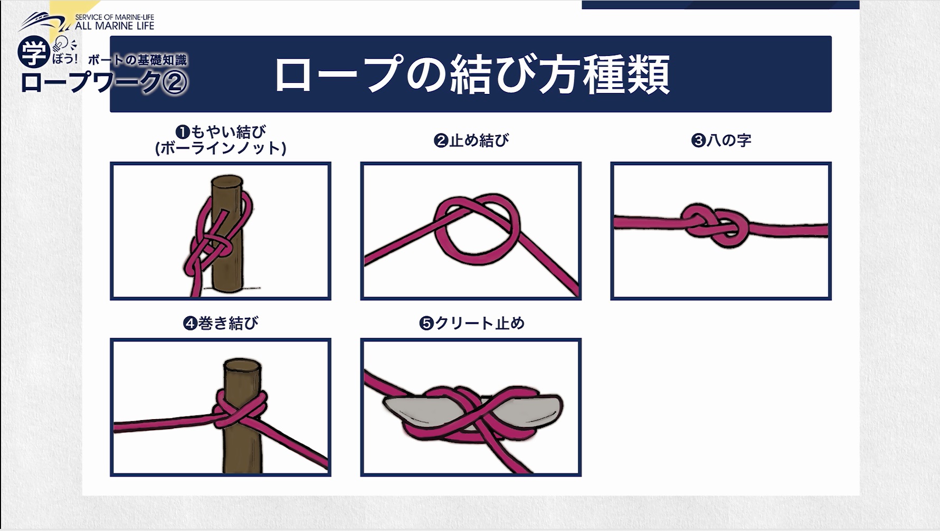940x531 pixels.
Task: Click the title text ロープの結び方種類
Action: (x=472, y=74)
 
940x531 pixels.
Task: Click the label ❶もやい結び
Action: (x=221, y=131)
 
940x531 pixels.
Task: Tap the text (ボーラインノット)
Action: (x=221, y=148)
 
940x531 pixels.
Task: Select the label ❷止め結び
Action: (x=471, y=140)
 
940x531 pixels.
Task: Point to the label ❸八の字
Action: (x=721, y=140)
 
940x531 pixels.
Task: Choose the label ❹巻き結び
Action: (x=221, y=323)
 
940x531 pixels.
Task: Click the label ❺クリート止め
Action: (x=471, y=323)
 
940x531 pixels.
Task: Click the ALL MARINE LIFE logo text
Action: (x=115, y=25)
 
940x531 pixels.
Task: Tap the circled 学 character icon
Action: (x=34, y=52)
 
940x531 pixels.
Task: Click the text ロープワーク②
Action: (x=103, y=82)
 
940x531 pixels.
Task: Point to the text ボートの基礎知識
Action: (x=137, y=60)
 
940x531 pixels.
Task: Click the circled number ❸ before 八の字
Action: (x=698, y=141)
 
